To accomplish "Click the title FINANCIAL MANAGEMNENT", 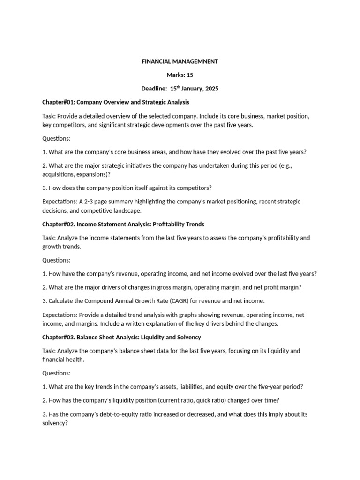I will tap(180, 61).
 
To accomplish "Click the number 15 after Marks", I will tap(189, 75).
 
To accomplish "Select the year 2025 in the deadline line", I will tap(211, 89).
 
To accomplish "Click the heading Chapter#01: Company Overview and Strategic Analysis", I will tap(116, 102).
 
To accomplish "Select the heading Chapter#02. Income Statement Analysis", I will tap(123, 224).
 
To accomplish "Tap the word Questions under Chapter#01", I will tap(56, 138).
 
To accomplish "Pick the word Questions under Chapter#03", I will tap(56, 373).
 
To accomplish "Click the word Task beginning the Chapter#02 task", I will tap(49, 238).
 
